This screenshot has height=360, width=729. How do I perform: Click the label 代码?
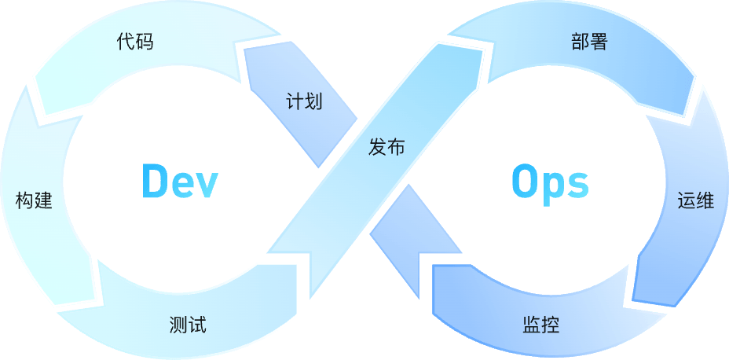[134, 42]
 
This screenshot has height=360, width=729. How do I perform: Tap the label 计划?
[304, 101]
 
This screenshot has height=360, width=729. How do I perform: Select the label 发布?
[386, 146]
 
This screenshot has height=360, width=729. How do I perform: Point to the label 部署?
[589, 42]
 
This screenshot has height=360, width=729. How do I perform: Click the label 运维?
[695, 200]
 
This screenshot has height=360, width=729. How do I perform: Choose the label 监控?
[540, 324]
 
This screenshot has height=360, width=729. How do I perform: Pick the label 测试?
[188, 324]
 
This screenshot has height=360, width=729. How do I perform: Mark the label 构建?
[34, 200]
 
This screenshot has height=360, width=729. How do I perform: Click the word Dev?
[179, 182]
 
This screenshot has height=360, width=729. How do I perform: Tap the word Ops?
[549, 183]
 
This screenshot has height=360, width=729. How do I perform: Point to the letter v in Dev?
[205, 185]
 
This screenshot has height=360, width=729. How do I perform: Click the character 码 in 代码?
[144, 42]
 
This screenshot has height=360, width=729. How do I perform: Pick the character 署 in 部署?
[599, 42]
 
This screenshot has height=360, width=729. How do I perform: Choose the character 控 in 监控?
[550, 324]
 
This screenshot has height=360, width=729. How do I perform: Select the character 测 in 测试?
[178, 324]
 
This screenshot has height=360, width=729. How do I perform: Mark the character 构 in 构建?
[24, 200]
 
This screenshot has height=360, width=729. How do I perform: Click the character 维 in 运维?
[705, 200]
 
